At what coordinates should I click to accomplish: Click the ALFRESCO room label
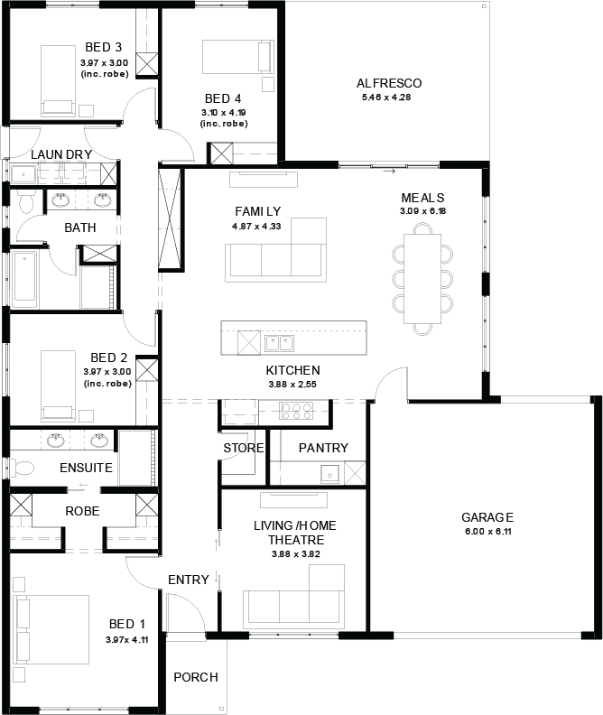(x=389, y=83)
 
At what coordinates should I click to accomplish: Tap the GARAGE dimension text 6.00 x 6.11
(x=488, y=531)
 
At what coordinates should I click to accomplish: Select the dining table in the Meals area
(x=422, y=279)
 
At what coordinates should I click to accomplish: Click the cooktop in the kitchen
(x=296, y=411)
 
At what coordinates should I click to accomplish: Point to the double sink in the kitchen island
(x=280, y=343)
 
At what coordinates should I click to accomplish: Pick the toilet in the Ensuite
(x=22, y=468)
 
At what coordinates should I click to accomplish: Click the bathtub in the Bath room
(x=24, y=279)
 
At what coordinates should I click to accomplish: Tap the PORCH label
(x=196, y=677)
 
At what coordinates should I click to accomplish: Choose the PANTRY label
(x=323, y=448)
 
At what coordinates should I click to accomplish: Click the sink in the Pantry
(x=330, y=474)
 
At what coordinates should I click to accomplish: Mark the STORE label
(x=244, y=449)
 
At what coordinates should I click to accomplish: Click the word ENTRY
(x=189, y=580)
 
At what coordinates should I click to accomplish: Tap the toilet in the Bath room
(x=27, y=201)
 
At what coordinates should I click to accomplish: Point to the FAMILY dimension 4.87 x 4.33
(x=256, y=227)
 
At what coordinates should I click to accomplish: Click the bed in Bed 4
(x=238, y=57)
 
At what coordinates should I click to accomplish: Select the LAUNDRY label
(x=61, y=154)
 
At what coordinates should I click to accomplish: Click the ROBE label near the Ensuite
(x=82, y=511)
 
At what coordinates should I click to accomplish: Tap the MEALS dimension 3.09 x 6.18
(x=423, y=211)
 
